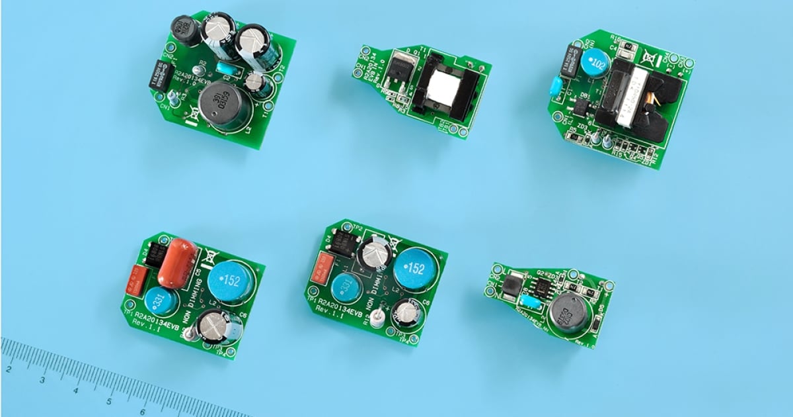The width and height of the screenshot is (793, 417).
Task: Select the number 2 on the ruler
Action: click(x=9, y=368)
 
